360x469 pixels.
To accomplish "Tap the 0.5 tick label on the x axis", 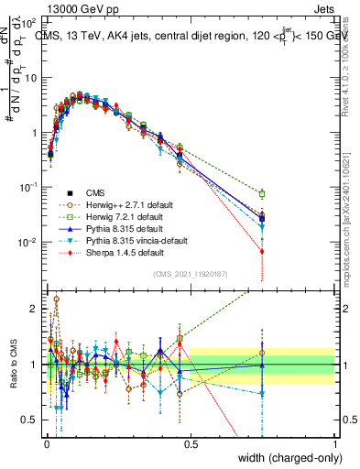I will pos(191,442).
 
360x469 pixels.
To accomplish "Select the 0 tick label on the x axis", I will pos(46,442).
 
